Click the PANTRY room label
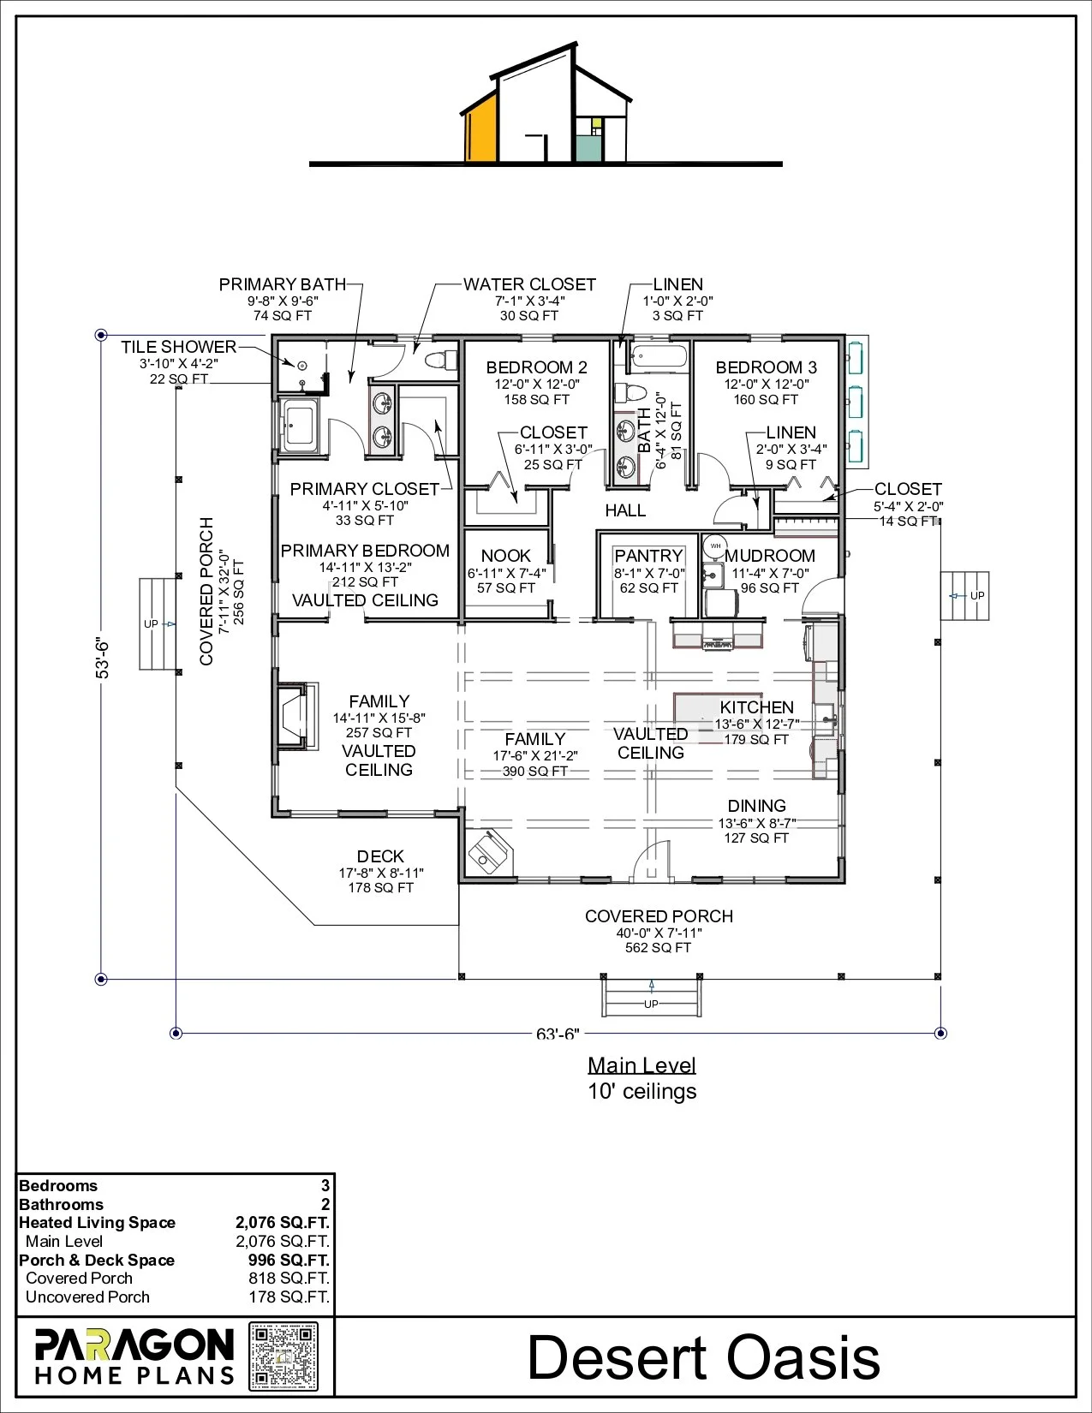pos(648,556)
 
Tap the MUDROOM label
pos(769,556)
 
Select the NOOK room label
pos(505,556)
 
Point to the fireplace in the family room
pos(297,717)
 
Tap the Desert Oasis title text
pos(703,1357)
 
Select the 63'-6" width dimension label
pos(558,1034)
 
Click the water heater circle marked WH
pos(715,546)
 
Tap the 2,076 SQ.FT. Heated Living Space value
pos(283,1223)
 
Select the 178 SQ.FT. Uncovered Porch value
pos(289,1297)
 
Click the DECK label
pos(380,856)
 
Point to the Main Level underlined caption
pos(642,1066)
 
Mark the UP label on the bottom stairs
pos(651,1004)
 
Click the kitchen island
pos(718,710)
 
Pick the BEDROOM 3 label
pos(767,367)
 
